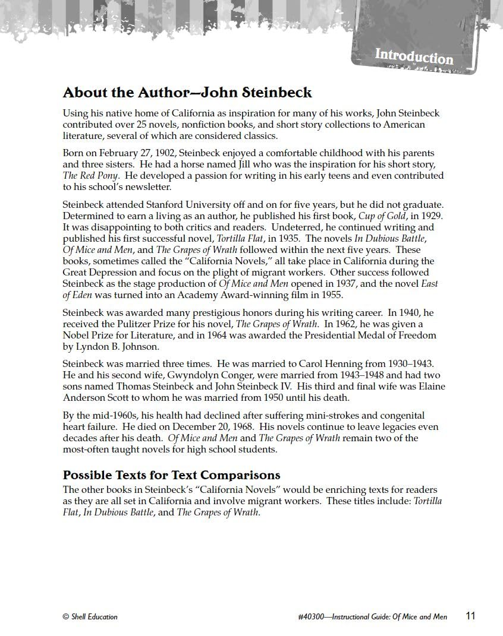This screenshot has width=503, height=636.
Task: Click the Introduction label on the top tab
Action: (x=414, y=57)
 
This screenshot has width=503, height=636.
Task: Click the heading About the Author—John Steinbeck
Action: (x=187, y=93)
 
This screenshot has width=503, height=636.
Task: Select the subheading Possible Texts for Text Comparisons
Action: (x=172, y=476)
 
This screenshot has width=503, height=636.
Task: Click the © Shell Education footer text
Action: (x=90, y=617)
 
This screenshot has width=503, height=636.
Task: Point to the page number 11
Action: (x=470, y=616)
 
